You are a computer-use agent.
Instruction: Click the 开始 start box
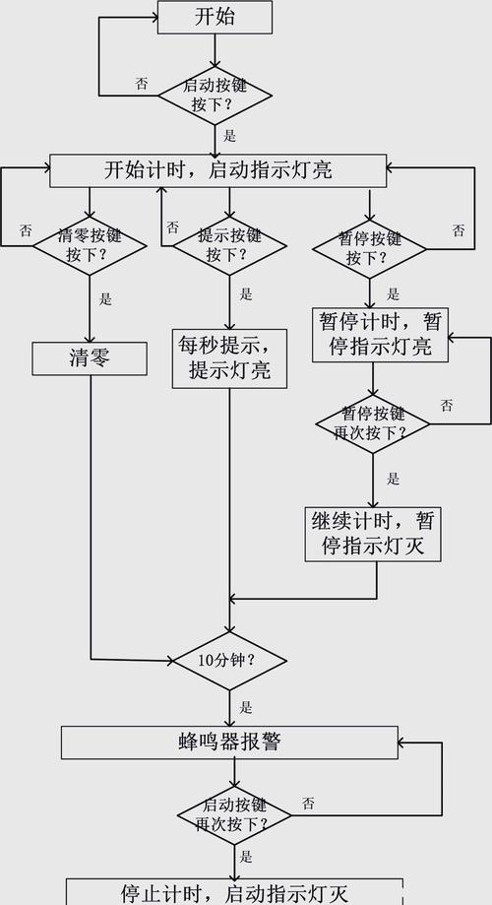[215, 17]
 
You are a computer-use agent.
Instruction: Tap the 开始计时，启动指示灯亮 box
[216, 170]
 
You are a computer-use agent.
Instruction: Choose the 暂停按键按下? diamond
[370, 248]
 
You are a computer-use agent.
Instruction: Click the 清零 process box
[89, 358]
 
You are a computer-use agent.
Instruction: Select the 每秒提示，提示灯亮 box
[229, 357]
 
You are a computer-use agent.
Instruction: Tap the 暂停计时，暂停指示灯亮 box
[374, 334]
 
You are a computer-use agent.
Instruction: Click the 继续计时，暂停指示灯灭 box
[373, 533]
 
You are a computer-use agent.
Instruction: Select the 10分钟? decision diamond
[229, 660]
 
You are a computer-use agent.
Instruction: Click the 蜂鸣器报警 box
[228, 742]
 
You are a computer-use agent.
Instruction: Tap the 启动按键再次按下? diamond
[234, 812]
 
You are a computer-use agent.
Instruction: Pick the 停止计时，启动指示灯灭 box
[234, 893]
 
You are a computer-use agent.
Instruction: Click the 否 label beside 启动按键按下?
[142, 84]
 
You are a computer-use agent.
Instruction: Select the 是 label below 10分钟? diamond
[246, 707]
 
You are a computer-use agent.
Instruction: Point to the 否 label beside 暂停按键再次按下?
[447, 405]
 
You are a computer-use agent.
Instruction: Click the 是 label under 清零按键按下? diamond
[106, 298]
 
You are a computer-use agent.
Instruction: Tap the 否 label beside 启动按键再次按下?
[308, 804]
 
